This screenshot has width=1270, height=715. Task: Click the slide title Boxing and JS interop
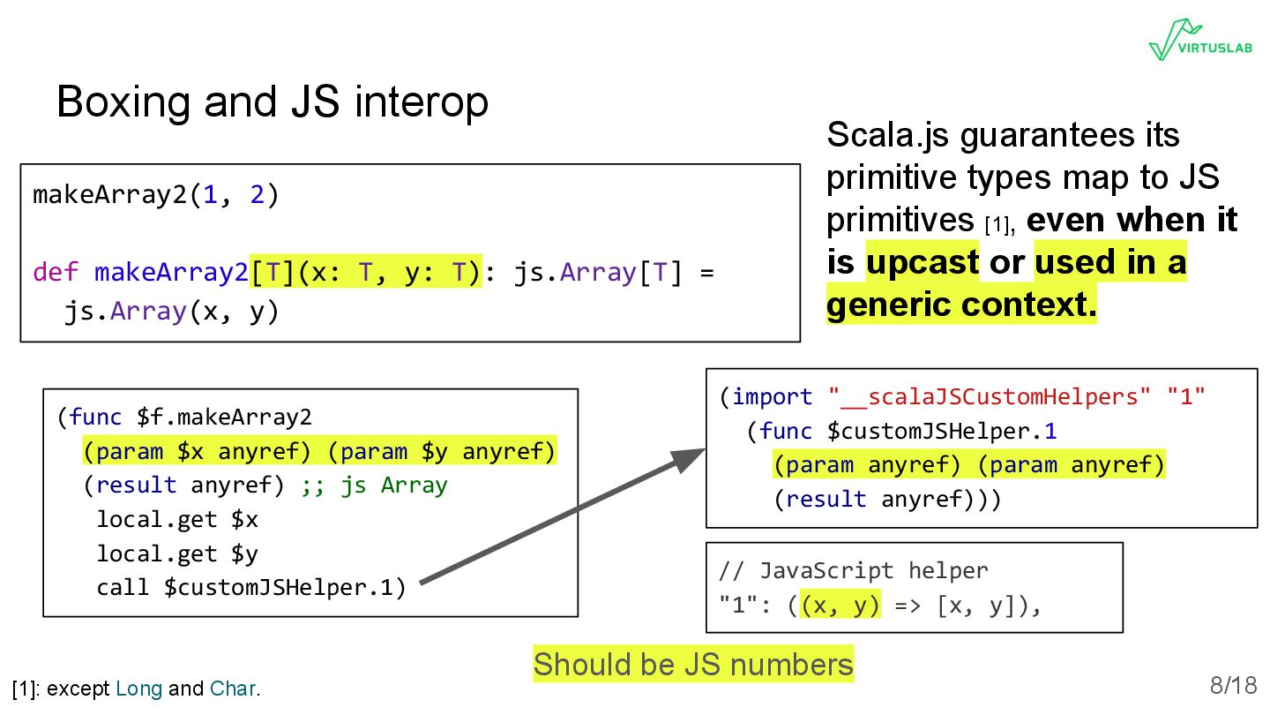[x=272, y=102]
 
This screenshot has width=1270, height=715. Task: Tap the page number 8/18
[x=1233, y=685]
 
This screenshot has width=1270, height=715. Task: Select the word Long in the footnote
[x=138, y=689]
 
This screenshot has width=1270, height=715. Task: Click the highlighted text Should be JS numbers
[x=693, y=665]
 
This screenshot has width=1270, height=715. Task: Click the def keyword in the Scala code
[x=56, y=273]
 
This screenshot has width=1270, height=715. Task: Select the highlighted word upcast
[x=922, y=262]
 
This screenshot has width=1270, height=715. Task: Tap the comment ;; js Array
[x=374, y=485]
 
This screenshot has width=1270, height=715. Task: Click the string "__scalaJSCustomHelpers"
[x=990, y=397]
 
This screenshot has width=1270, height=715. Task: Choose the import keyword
[x=772, y=397]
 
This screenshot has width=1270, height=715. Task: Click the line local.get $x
[x=176, y=519]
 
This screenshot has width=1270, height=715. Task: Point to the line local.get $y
[x=176, y=553]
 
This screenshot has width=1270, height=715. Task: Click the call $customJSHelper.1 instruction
[x=250, y=587]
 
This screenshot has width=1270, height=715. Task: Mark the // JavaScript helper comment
[x=853, y=571]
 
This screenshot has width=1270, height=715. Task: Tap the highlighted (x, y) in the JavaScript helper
[x=840, y=606]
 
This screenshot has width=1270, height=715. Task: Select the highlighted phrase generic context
[x=961, y=305]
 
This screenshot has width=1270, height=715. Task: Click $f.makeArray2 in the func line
[x=223, y=417]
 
